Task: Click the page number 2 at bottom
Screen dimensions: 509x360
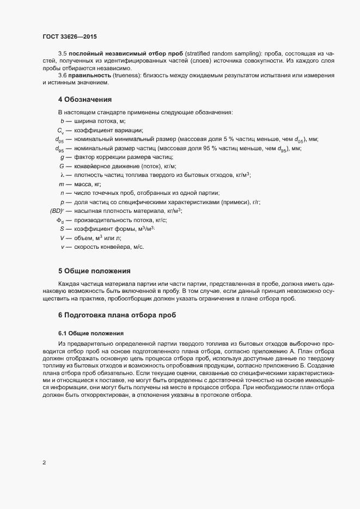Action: (x=44, y=463)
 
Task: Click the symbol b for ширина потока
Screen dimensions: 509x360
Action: (x=62, y=121)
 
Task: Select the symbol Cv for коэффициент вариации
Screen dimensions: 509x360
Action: (x=60, y=131)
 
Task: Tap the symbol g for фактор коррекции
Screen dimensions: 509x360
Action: (x=62, y=157)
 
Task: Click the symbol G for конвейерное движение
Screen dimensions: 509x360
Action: (x=62, y=166)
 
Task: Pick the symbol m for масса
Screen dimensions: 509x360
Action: (x=62, y=184)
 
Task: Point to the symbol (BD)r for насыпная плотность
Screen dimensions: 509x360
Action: (x=57, y=211)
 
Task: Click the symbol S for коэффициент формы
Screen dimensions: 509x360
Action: (x=62, y=229)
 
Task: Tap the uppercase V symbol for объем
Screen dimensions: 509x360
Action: (x=62, y=238)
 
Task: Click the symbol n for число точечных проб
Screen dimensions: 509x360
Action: (x=62, y=193)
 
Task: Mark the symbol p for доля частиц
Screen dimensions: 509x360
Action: (x=62, y=202)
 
